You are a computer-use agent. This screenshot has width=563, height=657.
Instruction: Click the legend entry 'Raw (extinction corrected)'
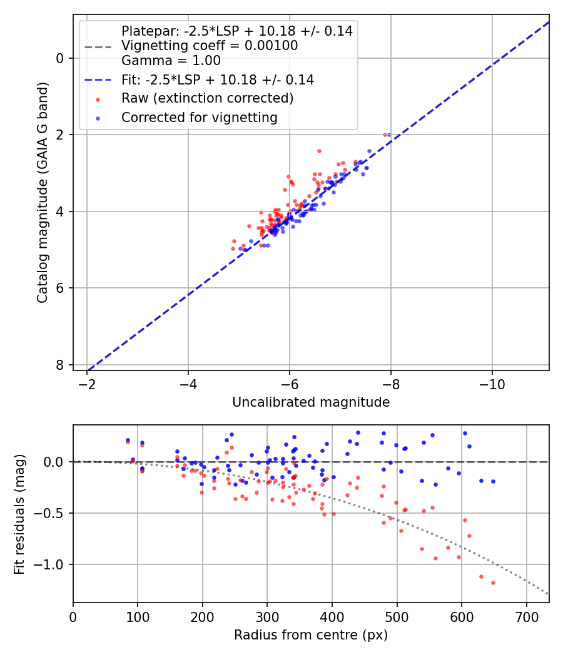pos(207,98)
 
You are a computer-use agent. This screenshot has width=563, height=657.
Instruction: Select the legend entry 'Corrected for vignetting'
pos(199,117)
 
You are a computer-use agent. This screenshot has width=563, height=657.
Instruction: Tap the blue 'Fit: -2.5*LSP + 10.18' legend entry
pos(217,79)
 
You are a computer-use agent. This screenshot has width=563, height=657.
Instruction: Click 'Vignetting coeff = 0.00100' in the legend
pos(209,46)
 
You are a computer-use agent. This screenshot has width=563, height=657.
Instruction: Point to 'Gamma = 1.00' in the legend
pos(171,61)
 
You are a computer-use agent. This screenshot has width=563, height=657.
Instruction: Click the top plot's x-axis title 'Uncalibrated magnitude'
pos(311,402)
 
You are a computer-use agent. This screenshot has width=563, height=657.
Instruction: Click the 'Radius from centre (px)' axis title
pos(311,635)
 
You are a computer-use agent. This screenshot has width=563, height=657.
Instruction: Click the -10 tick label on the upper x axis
pos(492,382)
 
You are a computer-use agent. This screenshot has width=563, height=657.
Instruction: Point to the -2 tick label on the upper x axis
pos(87,382)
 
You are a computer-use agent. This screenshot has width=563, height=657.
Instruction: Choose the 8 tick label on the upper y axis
pos(60,365)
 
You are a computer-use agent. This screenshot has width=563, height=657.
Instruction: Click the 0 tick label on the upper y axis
pos(60,58)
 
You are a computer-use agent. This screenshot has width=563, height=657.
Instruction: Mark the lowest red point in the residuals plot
pos(493,583)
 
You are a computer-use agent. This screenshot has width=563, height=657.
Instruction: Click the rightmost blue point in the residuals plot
pos(493,481)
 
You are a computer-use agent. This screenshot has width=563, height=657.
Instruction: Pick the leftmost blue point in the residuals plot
pos(128,441)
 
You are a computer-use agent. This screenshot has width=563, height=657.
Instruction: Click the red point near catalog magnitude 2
pos(385,135)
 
